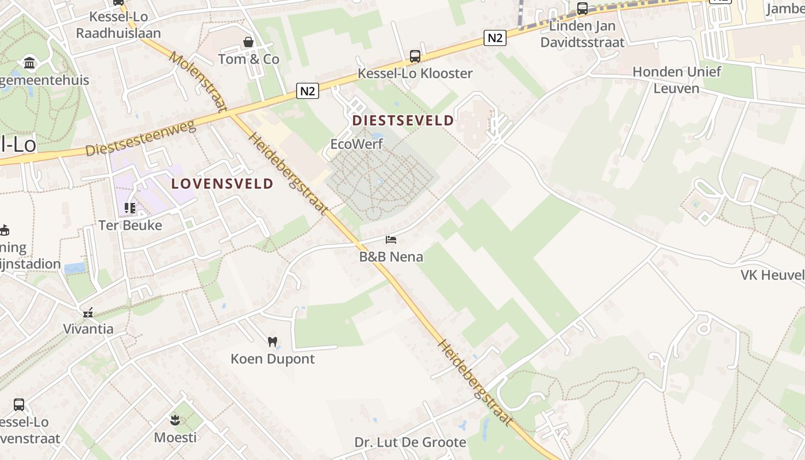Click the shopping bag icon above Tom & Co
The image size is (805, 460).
248,42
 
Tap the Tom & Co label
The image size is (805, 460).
248,59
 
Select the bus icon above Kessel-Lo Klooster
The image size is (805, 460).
415,56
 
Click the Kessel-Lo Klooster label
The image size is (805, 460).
415,74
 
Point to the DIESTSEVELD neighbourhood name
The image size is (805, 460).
403,121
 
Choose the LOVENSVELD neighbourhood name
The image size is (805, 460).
222,184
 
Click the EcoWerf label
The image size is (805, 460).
356,144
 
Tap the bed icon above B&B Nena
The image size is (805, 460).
391,239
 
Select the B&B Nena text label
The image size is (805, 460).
391,256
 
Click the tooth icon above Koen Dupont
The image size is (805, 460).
273,342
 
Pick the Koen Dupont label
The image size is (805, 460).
273,359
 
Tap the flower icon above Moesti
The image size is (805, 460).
175,420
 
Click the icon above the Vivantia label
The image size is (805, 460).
88,312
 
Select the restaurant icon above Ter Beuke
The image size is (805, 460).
130,208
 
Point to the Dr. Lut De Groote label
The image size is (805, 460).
410,442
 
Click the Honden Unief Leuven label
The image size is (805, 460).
676,80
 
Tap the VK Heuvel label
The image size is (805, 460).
772,275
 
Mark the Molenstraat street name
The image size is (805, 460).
198,82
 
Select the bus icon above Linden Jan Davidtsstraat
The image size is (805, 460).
582,9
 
